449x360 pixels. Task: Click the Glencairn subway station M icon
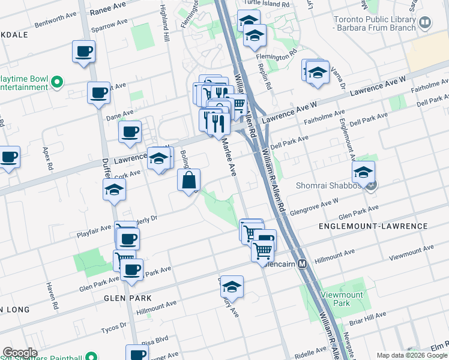[303, 263]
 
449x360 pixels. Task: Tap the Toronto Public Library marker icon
[426, 23]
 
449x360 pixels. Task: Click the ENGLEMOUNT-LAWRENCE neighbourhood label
[382, 226]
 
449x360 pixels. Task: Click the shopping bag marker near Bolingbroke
[188, 180]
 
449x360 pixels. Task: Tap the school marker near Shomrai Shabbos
[363, 172]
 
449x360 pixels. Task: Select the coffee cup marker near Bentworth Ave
[83, 51]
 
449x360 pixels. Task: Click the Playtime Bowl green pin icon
[57, 82]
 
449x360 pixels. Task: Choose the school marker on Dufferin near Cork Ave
[113, 190]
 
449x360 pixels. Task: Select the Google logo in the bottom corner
[19, 353]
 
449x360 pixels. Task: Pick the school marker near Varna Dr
[317, 73]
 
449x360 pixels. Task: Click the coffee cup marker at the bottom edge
[137, 353]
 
